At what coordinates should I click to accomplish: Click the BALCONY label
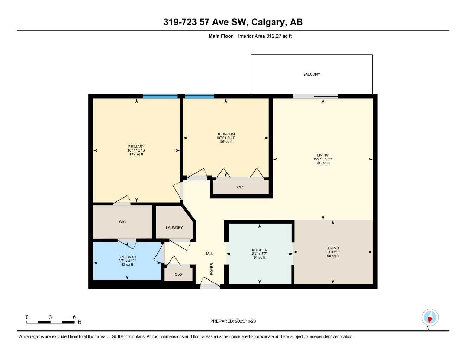[311, 74]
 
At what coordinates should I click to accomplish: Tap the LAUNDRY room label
[174, 227]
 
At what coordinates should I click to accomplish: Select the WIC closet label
[122, 222]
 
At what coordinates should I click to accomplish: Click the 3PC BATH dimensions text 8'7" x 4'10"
[127, 261]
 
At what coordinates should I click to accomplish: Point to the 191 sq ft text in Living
[323, 163]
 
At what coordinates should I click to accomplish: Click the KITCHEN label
[259, 250]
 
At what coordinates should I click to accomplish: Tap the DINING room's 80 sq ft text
[332, 256]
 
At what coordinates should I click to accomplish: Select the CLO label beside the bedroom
[241, 187]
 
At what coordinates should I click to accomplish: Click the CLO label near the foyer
[178, 274]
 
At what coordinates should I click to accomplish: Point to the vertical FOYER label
[212, 269]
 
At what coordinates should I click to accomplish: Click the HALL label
[209, 253]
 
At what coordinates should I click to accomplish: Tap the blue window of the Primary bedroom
[160, 96]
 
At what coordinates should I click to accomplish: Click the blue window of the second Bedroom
[199, 96]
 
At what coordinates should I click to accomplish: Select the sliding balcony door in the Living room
[315, 96]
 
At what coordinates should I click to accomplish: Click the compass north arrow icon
[430, 318]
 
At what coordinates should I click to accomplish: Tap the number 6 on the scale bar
[74, 317]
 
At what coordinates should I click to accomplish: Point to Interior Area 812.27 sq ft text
[265, 36]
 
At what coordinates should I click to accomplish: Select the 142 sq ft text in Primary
[136, 154]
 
